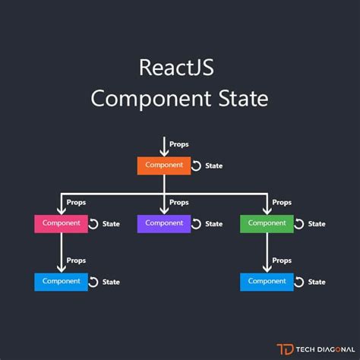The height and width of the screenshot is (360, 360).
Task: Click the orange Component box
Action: click(164, 166)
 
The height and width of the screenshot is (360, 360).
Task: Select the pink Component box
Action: click(61, 223)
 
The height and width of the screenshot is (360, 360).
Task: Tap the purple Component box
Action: click(164, 223)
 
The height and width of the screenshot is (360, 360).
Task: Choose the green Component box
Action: click(267, 223)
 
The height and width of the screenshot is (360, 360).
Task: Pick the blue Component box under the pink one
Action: click(61, 281)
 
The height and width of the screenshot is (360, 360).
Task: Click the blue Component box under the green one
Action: click(267, 281)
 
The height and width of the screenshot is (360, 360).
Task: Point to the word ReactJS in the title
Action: click(176, 68)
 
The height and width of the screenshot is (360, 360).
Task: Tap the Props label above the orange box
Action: click(180, 144)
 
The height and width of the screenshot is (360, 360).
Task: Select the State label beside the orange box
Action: click(214, 166)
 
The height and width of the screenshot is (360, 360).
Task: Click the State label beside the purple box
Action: click(214, 224)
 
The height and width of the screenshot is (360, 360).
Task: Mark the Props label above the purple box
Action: click(179, 203)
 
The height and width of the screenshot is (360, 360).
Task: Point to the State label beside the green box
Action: click(317, 224)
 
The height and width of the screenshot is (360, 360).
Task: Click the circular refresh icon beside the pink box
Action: click(93, 224)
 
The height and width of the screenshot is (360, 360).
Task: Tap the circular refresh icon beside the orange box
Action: click(196, 166)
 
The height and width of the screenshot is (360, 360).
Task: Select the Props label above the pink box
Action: click(76, 203)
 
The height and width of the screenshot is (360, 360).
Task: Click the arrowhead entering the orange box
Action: click(164, 153)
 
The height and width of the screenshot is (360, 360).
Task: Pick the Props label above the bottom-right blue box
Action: click(282, 260)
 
